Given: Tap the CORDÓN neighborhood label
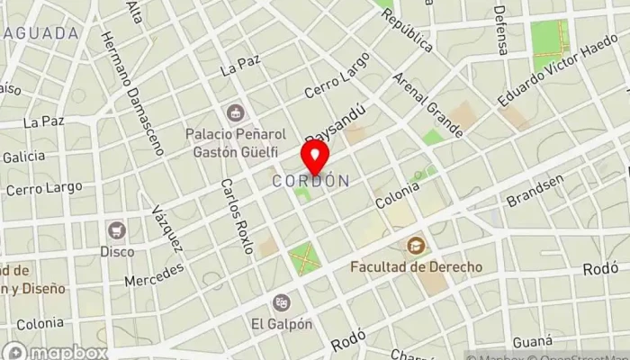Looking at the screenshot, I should click(x=310, y=181).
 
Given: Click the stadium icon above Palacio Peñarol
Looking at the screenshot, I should click(x=235, y=113).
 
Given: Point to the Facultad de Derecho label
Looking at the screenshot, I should click(x=416, y=267).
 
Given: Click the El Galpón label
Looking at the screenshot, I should click(x=282, y=324).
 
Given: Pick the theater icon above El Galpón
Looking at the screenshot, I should click(x=282, y=302).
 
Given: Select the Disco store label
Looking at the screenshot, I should click(x=116, y=251).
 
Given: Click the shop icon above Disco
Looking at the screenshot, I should click(x=116, y=229).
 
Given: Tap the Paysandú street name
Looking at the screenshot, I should click(x=335, y=124).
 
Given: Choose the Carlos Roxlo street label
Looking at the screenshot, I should click(x=236, y=216).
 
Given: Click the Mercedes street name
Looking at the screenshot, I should click(x=154, y=274).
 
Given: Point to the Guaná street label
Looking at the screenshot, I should click(x=532, y=342).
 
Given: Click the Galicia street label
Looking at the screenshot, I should click(x=23, y=157).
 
